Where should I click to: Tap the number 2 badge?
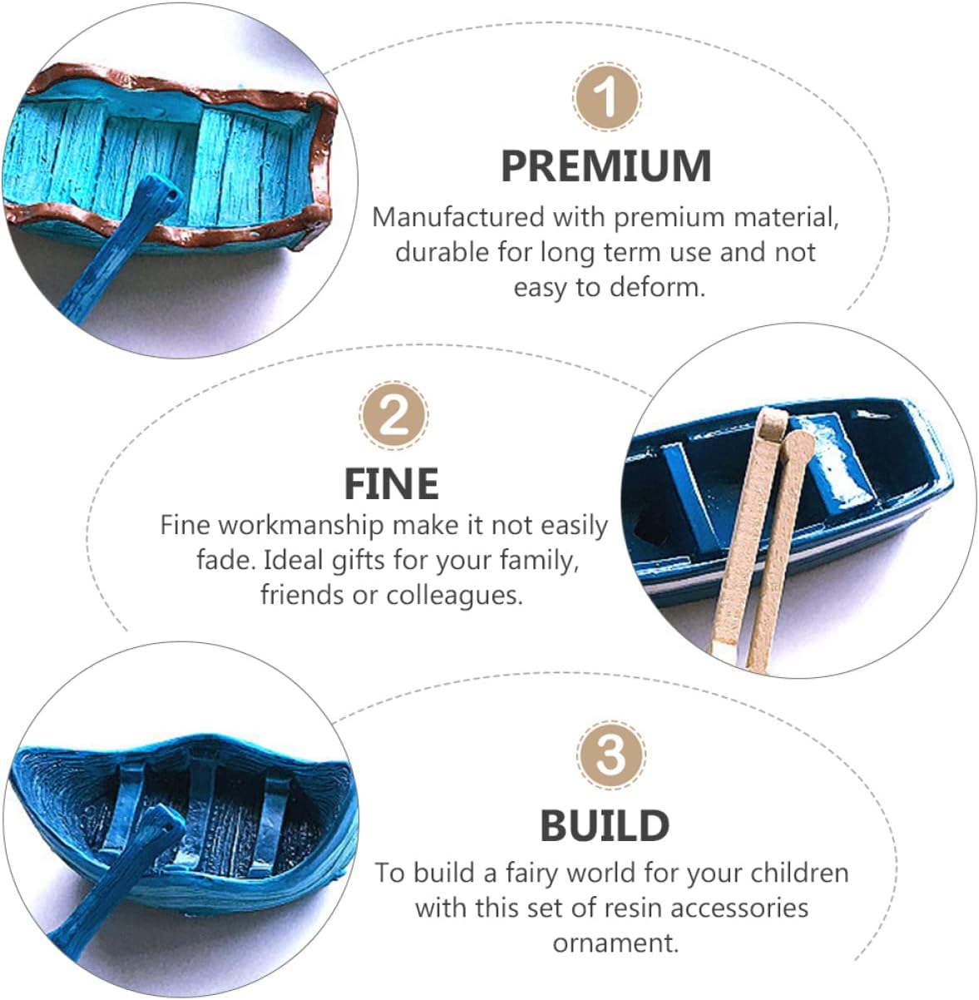click(393, 415)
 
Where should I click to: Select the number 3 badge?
click(611, 755)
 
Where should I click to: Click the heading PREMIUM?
click(606, 166)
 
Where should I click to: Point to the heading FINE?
click(392, 483)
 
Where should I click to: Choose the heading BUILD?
click(605, 825)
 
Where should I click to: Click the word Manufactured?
click(458, 217)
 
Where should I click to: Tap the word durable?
click(442, 253)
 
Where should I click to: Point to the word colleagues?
click(454, 595)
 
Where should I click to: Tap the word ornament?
click(616, 943)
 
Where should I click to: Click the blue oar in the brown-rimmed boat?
click(121, 249)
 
